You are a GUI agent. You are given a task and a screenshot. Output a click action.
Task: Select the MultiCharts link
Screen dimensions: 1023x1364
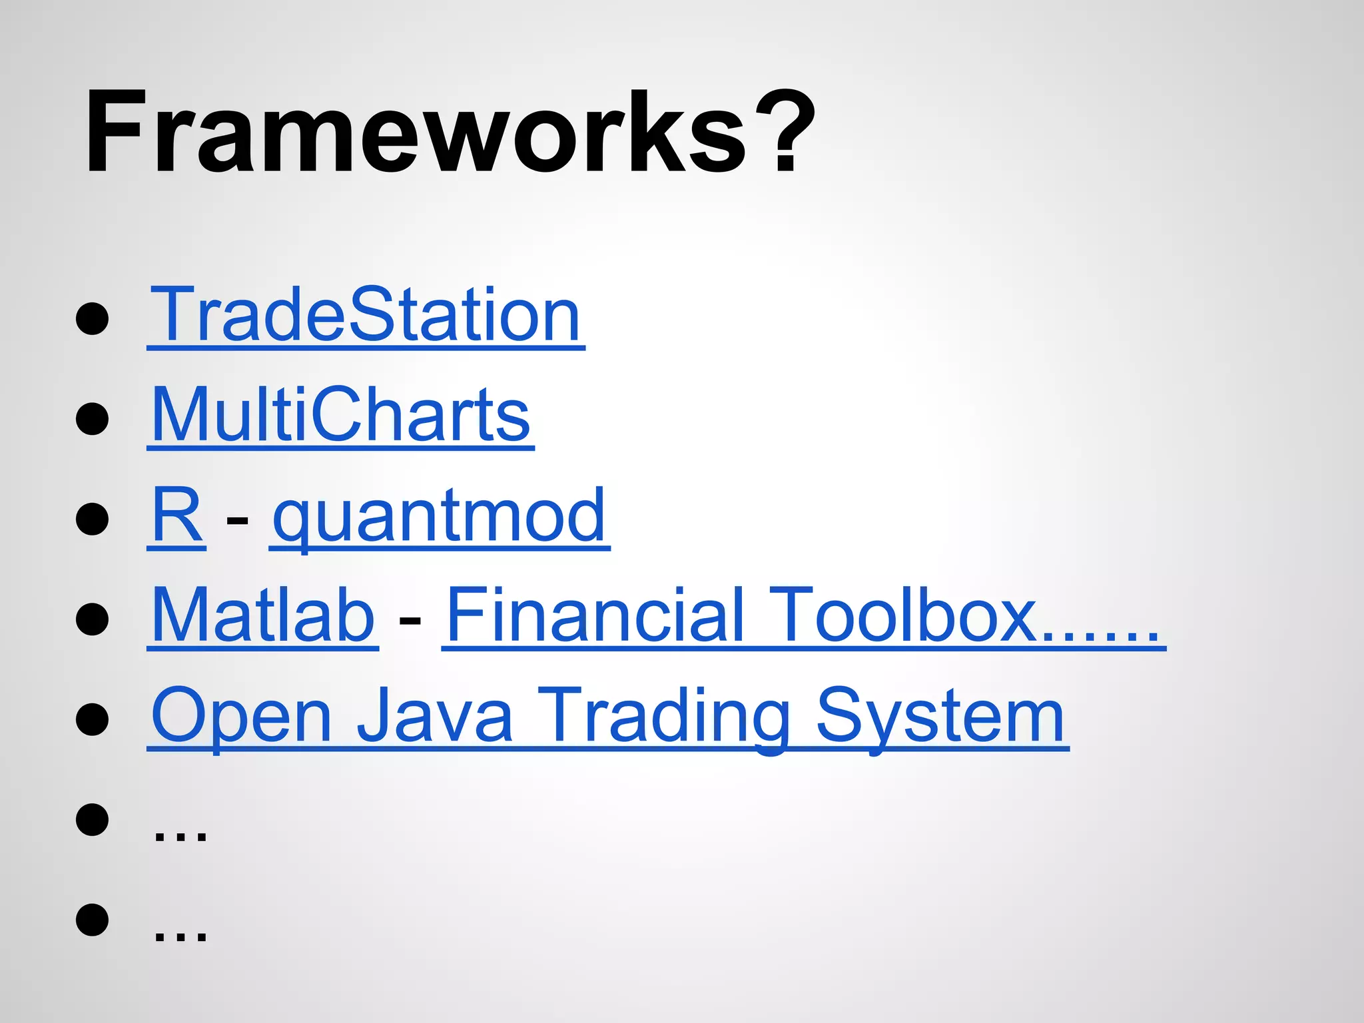click(x=340, y=415)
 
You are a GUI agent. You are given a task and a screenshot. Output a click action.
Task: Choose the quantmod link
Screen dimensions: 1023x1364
click(x=440, y=516)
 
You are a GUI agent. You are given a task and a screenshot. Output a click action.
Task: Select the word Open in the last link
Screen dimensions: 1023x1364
click(x=241, y=717)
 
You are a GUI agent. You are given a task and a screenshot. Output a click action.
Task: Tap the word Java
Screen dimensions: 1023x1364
click(x=434, y=715)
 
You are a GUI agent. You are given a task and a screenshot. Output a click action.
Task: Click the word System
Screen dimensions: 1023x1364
click(x=940, y=717)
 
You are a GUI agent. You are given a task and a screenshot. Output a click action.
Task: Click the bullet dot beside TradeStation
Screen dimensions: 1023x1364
click(x=93, y=318)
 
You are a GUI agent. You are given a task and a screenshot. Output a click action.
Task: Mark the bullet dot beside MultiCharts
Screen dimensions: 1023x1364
click(x=93, y=418)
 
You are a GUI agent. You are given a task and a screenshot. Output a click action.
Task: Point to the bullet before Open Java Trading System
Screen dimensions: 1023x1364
click(x=93, y=719)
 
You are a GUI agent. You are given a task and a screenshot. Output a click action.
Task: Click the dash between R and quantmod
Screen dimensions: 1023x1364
click(x=237, y=519)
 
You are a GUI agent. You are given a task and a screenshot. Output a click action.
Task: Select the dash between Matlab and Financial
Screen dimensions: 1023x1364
click(x=410, y=619)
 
